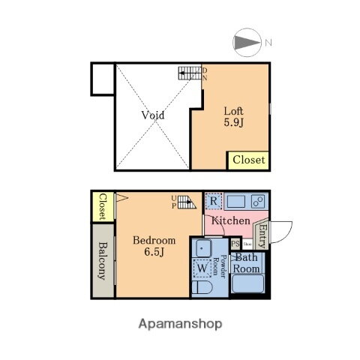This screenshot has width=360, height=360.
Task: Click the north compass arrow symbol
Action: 247,42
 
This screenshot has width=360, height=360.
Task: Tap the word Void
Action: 152,115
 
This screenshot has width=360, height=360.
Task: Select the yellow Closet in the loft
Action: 247,160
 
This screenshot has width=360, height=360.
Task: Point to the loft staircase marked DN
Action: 188,73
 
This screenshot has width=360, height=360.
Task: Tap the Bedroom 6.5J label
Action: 154,246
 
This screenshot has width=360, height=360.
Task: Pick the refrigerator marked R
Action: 214,202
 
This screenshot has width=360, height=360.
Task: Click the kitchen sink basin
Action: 237,201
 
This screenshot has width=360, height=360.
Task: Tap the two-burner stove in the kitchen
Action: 256,201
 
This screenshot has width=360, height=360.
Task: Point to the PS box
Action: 235,243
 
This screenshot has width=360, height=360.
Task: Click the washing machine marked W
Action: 202,266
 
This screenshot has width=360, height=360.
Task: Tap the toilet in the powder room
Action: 202,288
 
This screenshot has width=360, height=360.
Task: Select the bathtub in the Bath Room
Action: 247,284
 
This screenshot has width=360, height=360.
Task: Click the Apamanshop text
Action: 180,325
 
